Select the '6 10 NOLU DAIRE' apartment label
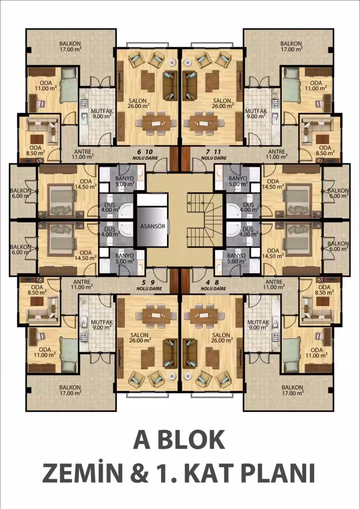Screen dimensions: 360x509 click(x=145, y=155)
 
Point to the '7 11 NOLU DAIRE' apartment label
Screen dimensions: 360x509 click(x=214, y=155)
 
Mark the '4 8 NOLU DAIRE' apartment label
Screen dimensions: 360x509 click(x=213, y=285)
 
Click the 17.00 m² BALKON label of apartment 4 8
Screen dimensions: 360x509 click(x=292, y=390)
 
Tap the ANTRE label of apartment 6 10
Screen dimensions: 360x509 click(x=82, y=154)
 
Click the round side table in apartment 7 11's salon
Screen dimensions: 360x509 click(x=187, y=60)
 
